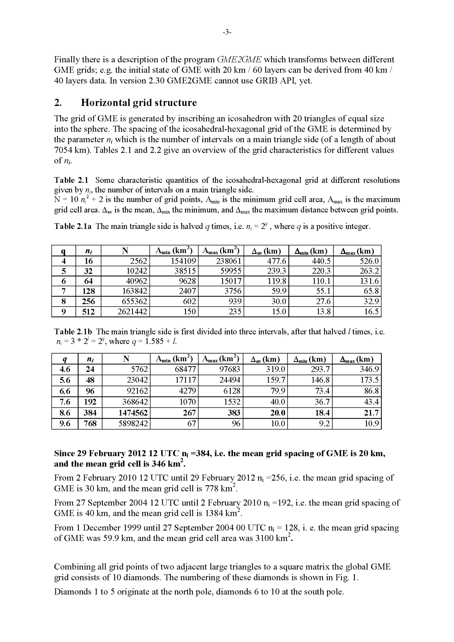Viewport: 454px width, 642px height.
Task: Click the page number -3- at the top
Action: click(227, 32)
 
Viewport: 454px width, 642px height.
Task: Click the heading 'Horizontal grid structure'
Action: click(139, 103)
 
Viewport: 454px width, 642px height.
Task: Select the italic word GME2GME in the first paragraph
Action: click(239, 60)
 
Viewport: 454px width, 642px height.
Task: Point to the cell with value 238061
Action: click(229, 261)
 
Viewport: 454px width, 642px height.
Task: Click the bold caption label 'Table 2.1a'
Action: click(73, 226)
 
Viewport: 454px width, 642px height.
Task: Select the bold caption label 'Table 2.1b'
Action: click(73, 332)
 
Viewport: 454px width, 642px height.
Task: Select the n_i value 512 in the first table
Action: click(88, 311)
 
